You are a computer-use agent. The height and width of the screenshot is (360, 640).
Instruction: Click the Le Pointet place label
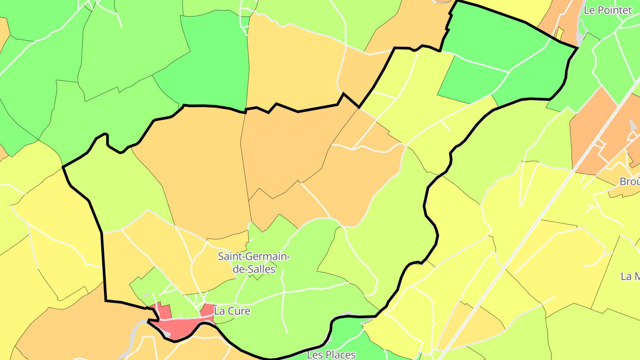point(607,10)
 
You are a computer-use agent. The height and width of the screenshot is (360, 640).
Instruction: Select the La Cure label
point(232,311)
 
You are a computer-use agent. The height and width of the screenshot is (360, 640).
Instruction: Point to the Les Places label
point(331,354)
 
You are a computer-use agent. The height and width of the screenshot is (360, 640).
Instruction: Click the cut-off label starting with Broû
point(630,181)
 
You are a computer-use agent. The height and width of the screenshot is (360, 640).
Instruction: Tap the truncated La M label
point(630,276)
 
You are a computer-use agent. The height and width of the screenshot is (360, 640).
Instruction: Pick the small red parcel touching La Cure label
point(207,310)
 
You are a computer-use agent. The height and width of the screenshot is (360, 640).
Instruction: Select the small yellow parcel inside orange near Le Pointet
point(560,33)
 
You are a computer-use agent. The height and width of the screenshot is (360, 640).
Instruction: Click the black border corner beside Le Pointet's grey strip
point(577,48)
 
